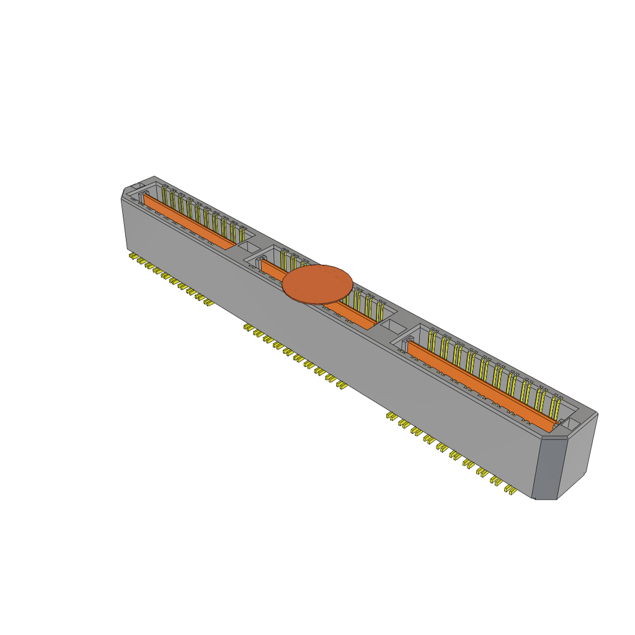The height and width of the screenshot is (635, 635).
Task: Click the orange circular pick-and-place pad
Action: coord(317,284)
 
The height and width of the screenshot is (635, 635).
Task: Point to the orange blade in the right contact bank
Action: coord(481,385)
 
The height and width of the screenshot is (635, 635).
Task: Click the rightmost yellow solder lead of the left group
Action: coord(208,304)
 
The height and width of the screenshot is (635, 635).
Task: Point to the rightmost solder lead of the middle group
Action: coord(341,385)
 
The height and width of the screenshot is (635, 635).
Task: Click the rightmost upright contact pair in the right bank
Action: coord(556,406)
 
